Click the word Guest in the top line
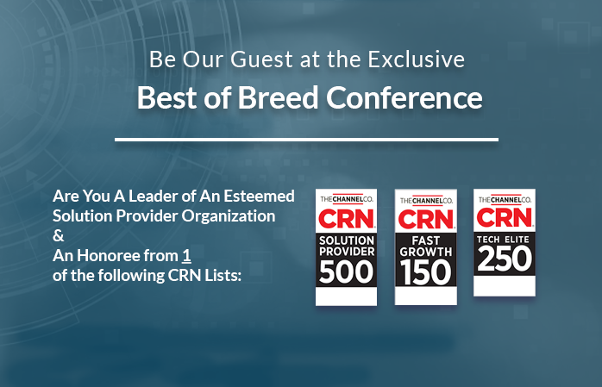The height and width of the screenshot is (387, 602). tap(261, 59)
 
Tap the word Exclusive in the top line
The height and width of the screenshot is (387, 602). tap(417, 59)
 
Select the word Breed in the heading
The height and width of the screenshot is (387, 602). tap(278, 97)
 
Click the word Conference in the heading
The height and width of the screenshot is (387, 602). tap(404, 97)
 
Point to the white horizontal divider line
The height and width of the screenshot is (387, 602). tap(306, 140)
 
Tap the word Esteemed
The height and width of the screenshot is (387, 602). tap(259, 196)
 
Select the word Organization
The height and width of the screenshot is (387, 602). tap(229, 216)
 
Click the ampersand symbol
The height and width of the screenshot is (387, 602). tap(59, 236)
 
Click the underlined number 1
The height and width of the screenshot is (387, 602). tap(186, 256)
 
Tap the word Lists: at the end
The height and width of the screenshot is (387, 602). tap(223, 276)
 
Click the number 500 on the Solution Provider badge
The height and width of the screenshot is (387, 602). tap(346, 272)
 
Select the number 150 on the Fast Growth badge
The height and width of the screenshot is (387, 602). tap(425, 272)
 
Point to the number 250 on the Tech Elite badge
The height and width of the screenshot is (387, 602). tap(505, 259)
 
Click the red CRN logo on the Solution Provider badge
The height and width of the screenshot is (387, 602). tap(347, 218)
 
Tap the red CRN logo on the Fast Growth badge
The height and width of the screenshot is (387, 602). tap(426, 219)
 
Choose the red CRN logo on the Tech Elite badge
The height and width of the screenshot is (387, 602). tap(505, 217)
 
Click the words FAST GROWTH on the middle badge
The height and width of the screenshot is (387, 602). tap(426, 247)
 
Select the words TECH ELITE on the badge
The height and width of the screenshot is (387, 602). tap(503, 240)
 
